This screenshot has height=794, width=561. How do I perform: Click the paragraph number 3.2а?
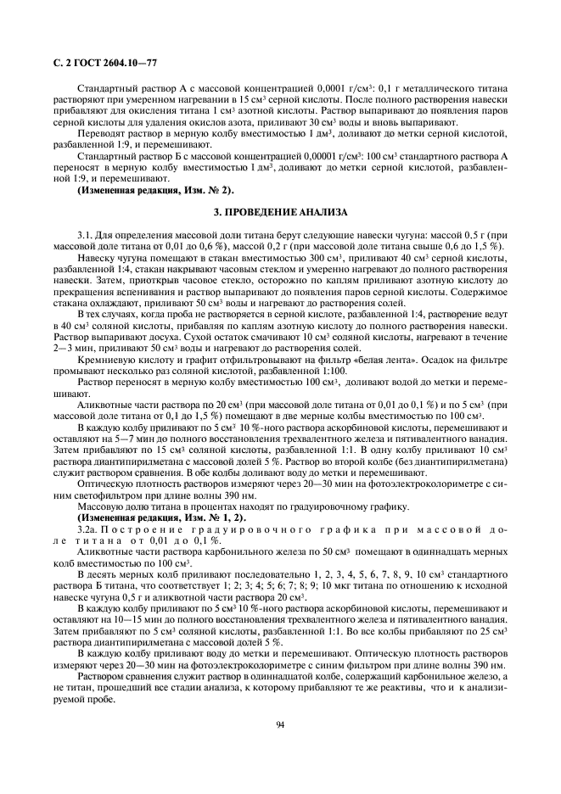[87, 528]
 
